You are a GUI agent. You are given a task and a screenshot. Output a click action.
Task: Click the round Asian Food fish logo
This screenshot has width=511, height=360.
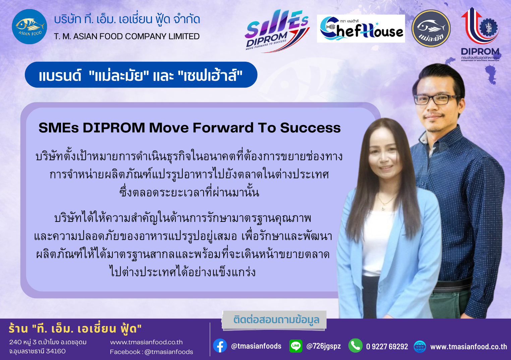(30, 27)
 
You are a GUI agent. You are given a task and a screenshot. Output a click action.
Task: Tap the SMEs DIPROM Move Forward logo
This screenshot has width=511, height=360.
(277, 31)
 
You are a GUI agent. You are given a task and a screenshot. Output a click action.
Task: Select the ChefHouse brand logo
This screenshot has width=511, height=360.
(361, 29)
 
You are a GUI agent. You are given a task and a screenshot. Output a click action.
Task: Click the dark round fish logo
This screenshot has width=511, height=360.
(431, 28)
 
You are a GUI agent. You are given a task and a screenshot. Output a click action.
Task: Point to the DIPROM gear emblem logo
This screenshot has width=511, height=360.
(480, 34)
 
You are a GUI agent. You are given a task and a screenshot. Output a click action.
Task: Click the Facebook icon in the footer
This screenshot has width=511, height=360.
(220, 346)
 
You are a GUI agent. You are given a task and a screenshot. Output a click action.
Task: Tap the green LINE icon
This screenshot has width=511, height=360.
(296, 346)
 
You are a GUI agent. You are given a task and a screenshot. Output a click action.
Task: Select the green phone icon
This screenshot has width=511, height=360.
(355, 346)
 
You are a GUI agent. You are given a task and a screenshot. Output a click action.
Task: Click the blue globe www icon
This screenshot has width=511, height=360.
(420, 347)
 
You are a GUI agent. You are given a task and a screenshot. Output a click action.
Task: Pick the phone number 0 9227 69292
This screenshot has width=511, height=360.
(387, 347)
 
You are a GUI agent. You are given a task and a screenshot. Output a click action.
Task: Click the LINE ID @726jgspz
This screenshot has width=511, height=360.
(324, 346)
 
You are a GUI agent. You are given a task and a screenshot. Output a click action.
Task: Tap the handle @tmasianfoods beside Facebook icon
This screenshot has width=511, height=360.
(256, 346)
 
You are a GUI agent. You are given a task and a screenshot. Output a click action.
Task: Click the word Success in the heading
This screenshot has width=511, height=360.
(310, 128)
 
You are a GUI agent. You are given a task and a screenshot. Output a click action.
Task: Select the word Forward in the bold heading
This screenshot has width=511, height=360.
(223, 128)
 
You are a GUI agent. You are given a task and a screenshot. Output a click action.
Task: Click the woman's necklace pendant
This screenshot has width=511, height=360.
(383, 208)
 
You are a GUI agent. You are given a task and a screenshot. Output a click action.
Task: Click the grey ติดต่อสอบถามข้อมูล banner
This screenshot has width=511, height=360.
(274, 320)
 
